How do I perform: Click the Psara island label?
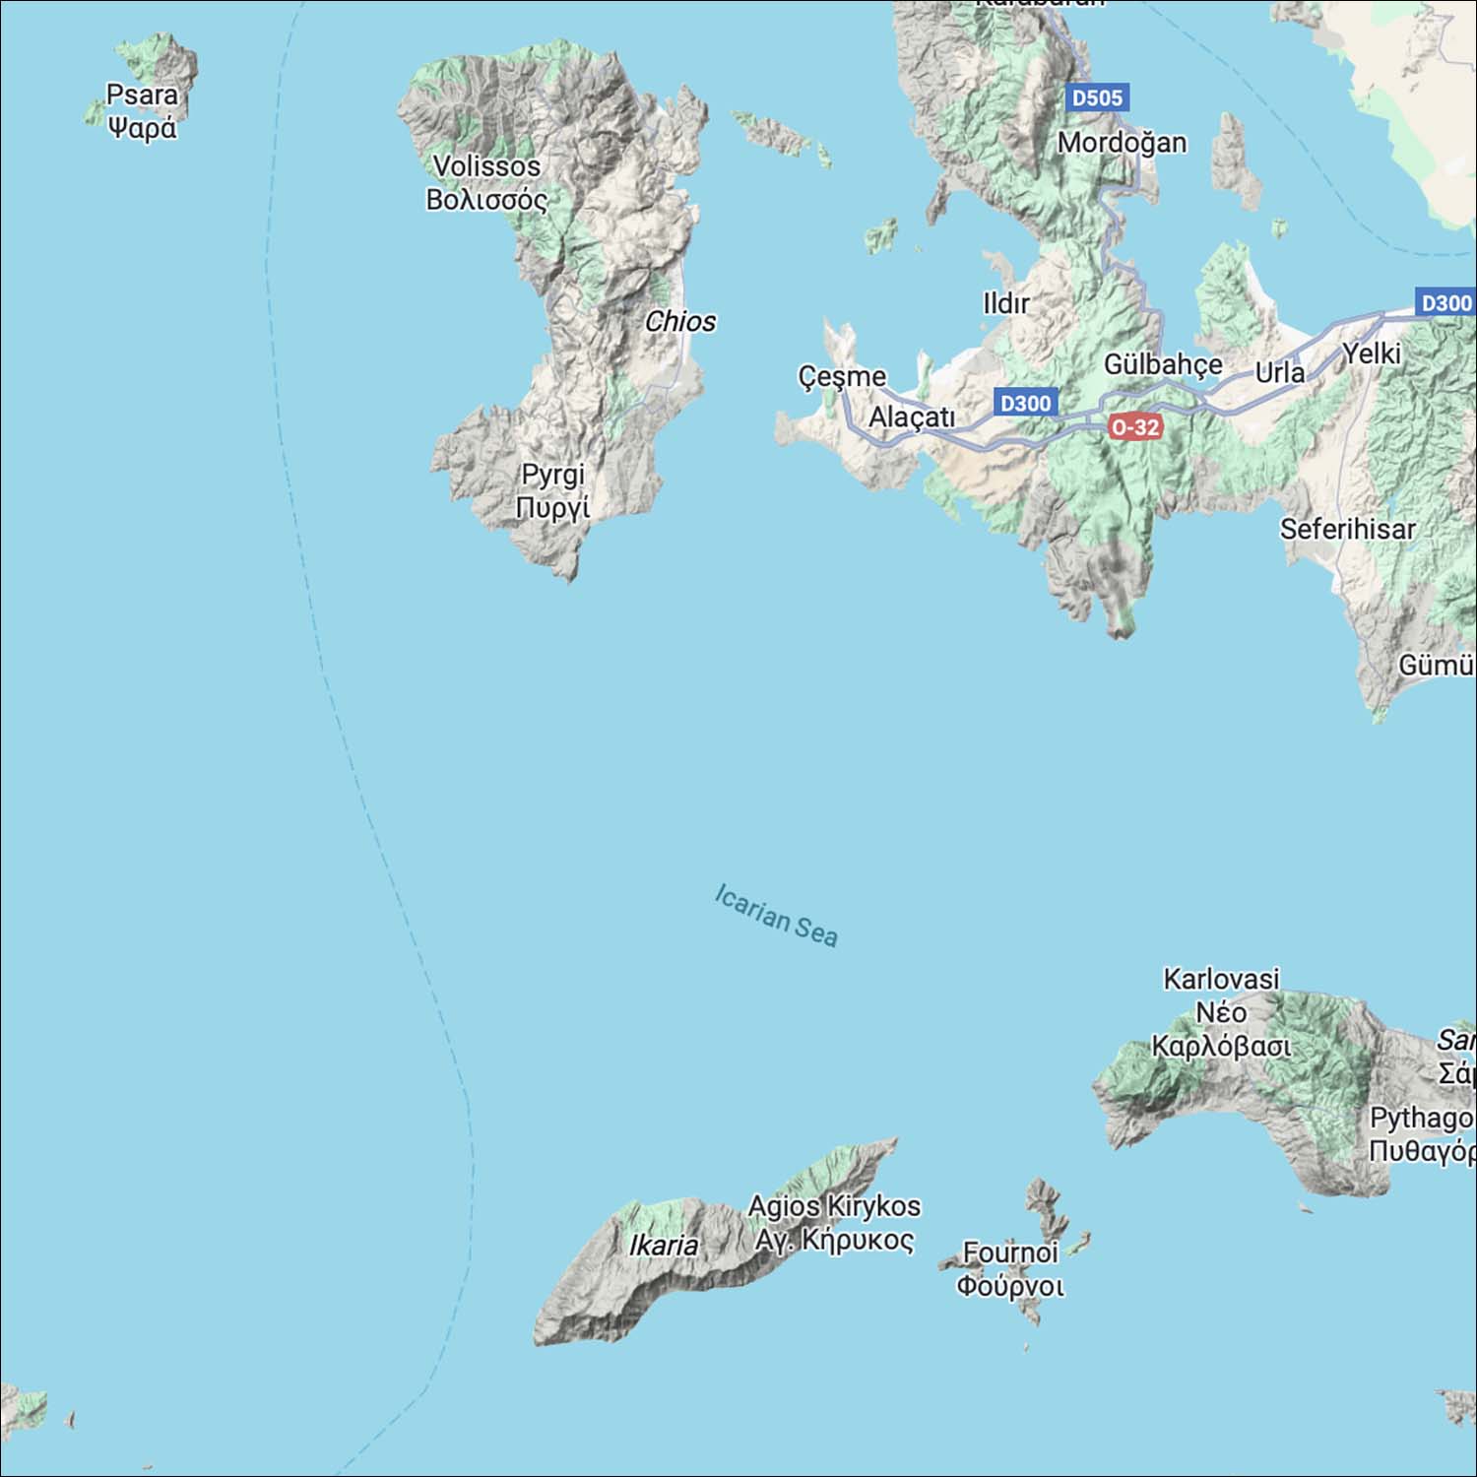tap(143, 110)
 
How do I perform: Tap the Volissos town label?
tap(486, 182)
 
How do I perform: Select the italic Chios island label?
tap(679, 321)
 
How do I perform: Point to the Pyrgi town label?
tap(552, 490)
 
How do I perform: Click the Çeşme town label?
tap(842, 376)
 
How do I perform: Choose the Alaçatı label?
tap(912, 417)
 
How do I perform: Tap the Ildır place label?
tap(1005, 303)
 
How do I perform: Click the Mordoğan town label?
tap(1122, 143)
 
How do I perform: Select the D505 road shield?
tap(1097, 97)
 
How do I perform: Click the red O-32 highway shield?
tap(1134, 427)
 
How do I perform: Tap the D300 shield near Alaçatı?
tap(1025, 403)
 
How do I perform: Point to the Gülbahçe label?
tap(1163, 364)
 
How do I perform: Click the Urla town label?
tap(1279, 373)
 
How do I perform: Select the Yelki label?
tap(1372, 353)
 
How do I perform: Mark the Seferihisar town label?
tap(1347, 529)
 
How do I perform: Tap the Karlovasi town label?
tap(1221, 1011)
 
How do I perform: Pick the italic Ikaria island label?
tap(664, 1245)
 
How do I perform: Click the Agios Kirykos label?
tap(834, 1222)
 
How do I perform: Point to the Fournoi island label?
tap(1010, 1268)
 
